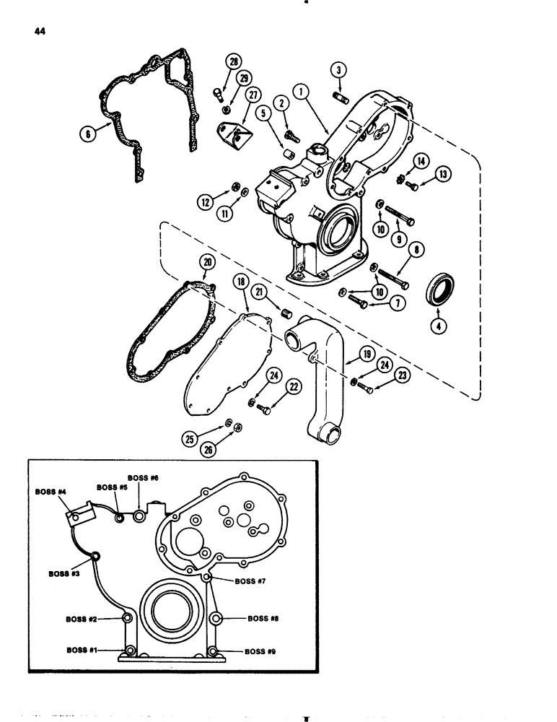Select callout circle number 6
point(88,132)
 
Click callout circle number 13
point(442,173)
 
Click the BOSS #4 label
point(53,492)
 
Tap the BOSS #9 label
point(260,651)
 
